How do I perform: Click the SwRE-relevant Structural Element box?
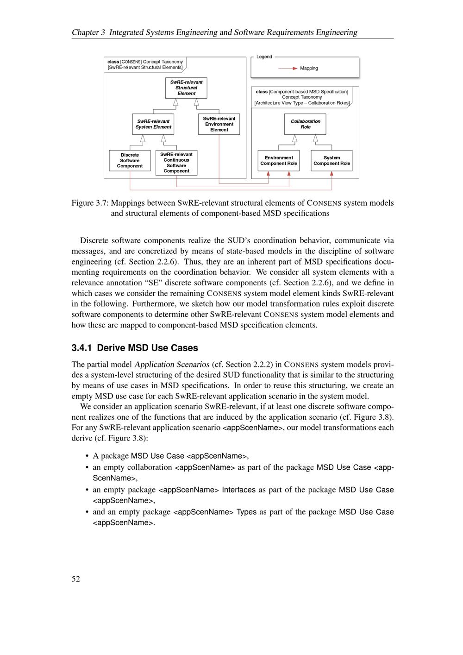pos(186,88)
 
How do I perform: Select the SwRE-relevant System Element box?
pos(153,124)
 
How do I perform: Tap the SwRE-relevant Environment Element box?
pos(219,124)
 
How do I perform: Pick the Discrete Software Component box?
pos(130,161)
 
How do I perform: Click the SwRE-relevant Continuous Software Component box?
pos(176,163)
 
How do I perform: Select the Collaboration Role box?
pos(305,124)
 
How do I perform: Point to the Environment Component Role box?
pos(279,161)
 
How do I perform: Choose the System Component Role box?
pos(332,161)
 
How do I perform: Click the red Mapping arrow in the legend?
pos(288,68)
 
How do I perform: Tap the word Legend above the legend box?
pos(264,57)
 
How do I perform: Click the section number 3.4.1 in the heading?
pos(82,348)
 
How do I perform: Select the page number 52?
pos(76,579)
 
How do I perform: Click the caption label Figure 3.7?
pos(90,203)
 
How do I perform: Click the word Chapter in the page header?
pos(85,32)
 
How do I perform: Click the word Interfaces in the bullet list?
pos(238,490)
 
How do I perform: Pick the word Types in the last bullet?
pos(246,512)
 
